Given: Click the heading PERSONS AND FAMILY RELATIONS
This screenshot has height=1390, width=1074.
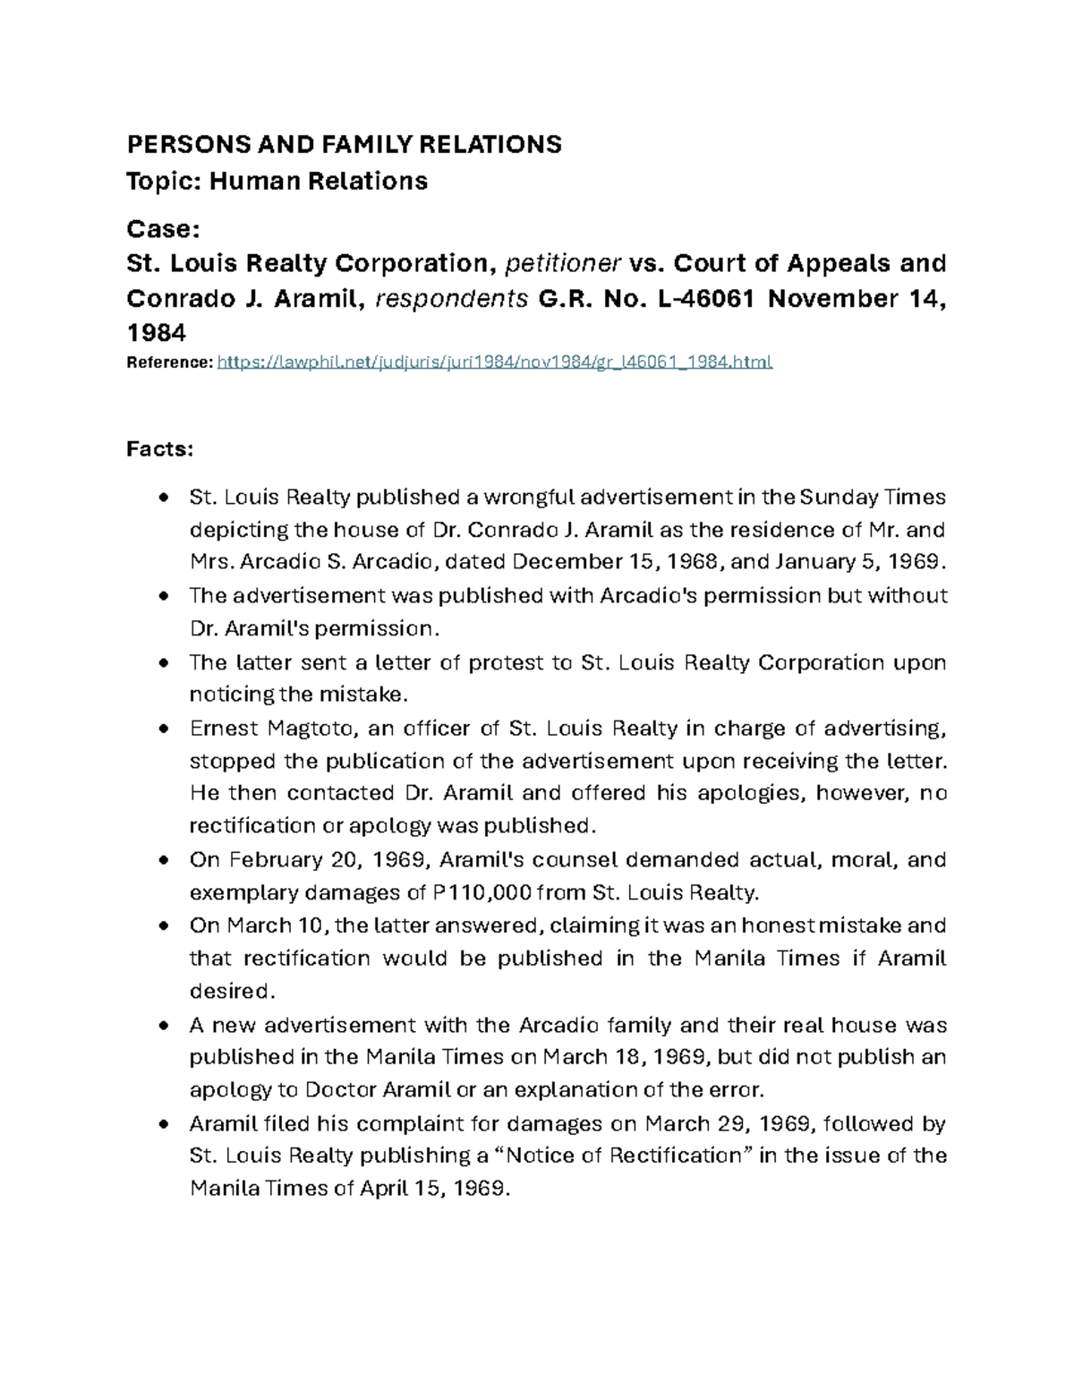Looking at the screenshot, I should point(344,144).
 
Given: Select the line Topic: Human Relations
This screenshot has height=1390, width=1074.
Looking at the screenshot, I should point(277,182).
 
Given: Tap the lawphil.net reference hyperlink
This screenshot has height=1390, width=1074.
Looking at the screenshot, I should point(494,362).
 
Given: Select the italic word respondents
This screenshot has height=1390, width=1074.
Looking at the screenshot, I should point(451,299).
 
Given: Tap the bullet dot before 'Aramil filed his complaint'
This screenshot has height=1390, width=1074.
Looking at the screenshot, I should point(163,1124).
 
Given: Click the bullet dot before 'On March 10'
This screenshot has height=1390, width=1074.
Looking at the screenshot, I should point(163,926).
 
